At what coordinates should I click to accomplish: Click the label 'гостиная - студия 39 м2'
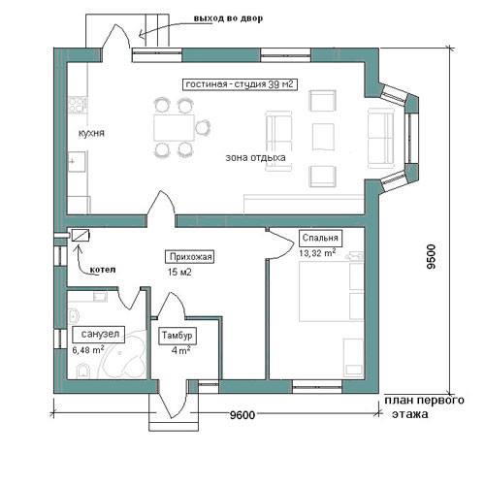240,84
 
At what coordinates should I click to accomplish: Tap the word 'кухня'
91,133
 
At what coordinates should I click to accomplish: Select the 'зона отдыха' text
255,158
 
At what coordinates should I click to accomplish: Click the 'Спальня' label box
320,238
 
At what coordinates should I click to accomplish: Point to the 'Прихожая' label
190,257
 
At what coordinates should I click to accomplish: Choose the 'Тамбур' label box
177,336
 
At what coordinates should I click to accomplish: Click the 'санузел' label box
99,334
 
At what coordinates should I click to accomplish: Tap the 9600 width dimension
242,414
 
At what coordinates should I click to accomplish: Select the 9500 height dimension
431,257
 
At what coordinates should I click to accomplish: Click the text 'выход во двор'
228,18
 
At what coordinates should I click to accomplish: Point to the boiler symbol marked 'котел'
81,235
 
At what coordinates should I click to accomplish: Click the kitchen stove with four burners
78,105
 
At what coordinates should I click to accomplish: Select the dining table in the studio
174,127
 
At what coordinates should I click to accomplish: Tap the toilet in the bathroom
82,371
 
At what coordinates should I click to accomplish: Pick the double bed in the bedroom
332,291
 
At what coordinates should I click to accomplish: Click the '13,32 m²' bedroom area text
317,253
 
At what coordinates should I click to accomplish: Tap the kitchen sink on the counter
78,161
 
